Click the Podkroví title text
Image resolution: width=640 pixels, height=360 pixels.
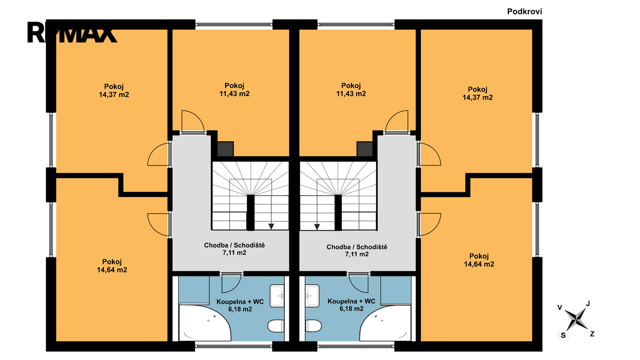tap(524, 12)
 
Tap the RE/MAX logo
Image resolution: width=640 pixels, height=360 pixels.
tap(72, 32)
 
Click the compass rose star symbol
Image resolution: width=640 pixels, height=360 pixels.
tap(576, 319)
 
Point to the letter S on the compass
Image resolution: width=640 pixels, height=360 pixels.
tap(563, 336)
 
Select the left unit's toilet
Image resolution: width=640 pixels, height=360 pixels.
tap(276, 326)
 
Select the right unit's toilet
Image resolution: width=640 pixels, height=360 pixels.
tap(314, 326)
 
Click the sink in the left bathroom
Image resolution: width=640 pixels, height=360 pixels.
tap(277, 296)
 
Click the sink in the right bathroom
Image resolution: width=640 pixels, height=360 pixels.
tap(312, 296)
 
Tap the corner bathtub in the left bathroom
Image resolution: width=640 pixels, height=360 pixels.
tap(204, 323)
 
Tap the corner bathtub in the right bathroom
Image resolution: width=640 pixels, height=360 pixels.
tap(385, 323)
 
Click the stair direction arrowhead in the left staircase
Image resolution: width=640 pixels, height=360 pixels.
tap(271, 226)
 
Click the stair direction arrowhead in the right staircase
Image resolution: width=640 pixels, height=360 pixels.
tap(317, 226)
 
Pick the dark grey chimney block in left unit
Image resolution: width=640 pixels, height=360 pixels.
tap(226, 149)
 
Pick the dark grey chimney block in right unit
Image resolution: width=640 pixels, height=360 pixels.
tap(364, 149)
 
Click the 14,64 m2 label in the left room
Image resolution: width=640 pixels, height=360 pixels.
tap(112, 270)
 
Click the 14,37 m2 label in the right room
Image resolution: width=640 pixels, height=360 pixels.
tap(478, 98)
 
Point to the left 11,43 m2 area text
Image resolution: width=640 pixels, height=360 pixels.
tap(234, 94)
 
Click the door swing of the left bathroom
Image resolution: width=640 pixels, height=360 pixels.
tap(232, 283)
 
